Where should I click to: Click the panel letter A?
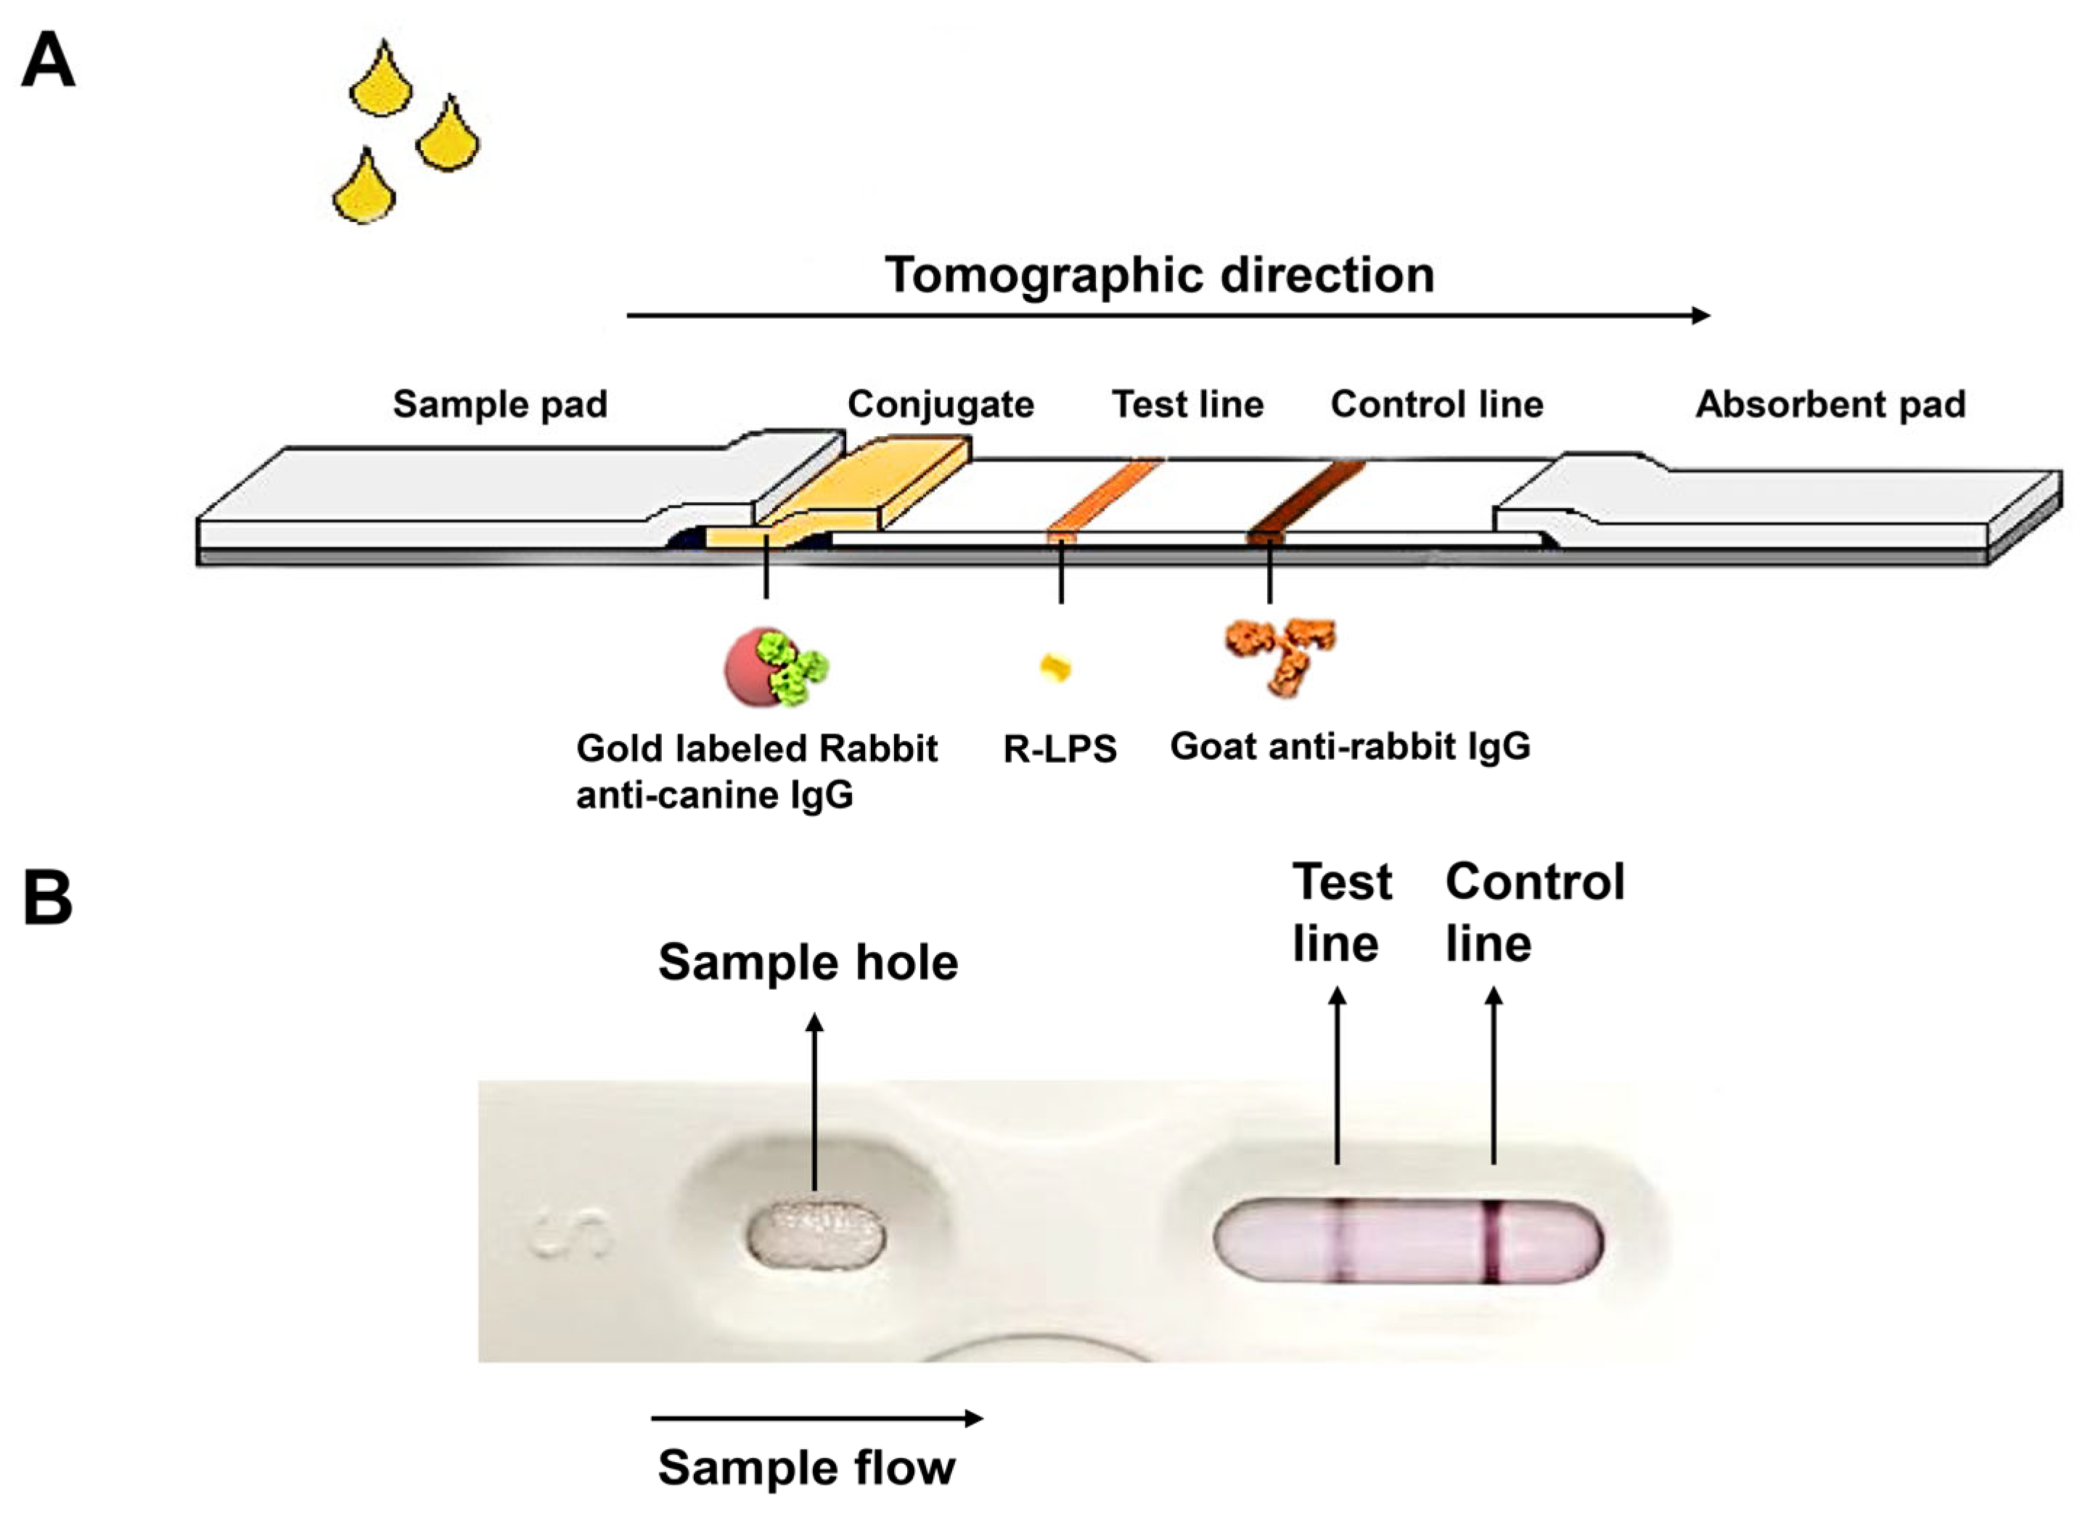click(48, 61)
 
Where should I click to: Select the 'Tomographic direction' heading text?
click(1159, 275)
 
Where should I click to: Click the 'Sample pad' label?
click(500, 404)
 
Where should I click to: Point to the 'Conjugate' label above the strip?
click(941, 404)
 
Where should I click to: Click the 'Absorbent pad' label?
click(1830, 404)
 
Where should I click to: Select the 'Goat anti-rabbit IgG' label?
click(1350, 747)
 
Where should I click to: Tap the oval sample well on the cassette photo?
click(816, 1234)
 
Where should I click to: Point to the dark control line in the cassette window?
click(1492, 1240)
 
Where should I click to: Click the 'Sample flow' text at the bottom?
click(806, 1467)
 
